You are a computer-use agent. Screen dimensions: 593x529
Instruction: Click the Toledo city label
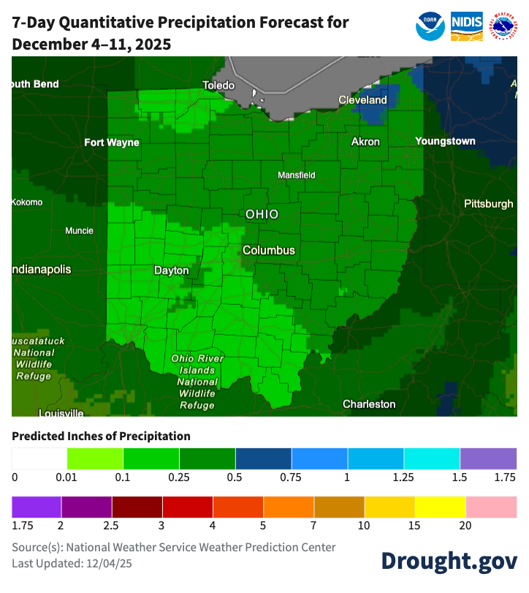218,86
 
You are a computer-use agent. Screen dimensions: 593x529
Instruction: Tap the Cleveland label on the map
362,99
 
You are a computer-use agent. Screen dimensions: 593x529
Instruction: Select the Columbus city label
269,250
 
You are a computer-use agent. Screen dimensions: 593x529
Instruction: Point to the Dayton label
172,271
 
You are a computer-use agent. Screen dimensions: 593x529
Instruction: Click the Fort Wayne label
111,143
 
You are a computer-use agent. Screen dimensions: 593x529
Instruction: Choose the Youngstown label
445,141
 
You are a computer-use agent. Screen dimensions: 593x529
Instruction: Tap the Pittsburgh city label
488,204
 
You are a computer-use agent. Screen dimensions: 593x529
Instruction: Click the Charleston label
369,404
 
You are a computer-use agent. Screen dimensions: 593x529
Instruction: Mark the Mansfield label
297,175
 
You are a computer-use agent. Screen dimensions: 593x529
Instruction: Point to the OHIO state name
262,214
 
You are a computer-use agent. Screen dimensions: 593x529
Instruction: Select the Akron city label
365,142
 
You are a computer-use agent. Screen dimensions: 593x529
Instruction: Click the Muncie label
79,231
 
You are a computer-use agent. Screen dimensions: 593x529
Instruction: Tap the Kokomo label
27,203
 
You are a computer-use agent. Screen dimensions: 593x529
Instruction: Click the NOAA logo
430,26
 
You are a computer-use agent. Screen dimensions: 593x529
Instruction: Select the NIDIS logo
466,26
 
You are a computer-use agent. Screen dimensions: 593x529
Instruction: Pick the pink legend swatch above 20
491,506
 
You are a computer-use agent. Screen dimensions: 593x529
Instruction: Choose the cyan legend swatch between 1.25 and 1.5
432,458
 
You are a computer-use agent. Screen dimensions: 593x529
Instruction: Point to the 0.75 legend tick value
291,477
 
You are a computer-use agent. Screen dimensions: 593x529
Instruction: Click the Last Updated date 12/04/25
111,563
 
